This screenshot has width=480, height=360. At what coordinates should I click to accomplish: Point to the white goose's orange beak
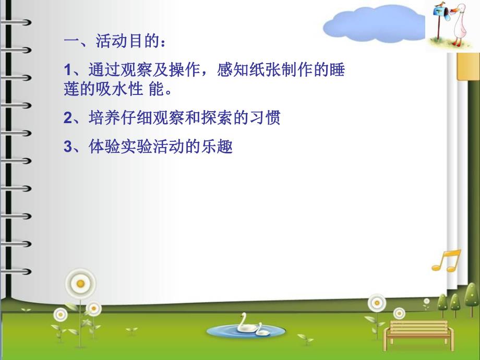449,9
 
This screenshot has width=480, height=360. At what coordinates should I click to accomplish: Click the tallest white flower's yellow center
80,283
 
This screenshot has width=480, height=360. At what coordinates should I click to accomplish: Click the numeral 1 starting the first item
67,69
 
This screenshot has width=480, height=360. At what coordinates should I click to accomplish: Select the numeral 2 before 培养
67,118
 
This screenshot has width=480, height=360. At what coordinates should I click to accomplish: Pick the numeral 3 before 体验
67,148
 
